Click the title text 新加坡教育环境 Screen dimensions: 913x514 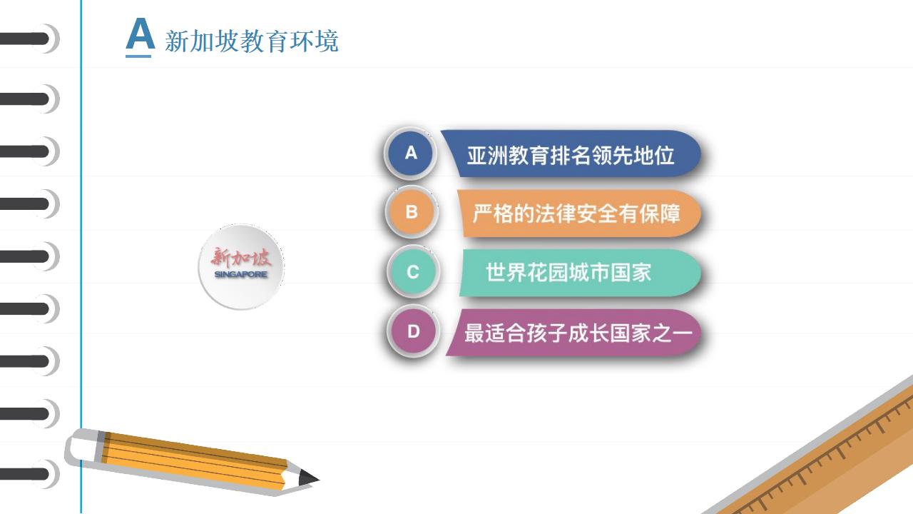click(252, 41)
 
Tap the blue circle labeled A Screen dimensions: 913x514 click(410, 153)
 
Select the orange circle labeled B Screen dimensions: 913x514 click(412, 212)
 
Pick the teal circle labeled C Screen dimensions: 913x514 click(413, 272)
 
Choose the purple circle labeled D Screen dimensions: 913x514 click(413, 331)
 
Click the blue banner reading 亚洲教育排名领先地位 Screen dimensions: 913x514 click(571, 153)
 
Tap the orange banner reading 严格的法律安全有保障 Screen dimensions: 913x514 click(578, 213)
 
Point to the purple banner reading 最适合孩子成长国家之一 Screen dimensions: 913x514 click(573, 333)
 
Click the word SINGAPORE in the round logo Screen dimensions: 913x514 click(241, 274)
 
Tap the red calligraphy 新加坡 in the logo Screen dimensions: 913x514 click(241, 258)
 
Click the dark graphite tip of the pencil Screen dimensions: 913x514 click(309, 478)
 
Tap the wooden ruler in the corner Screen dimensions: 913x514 click(827, 461)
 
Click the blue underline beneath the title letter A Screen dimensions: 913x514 click(138, 56)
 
